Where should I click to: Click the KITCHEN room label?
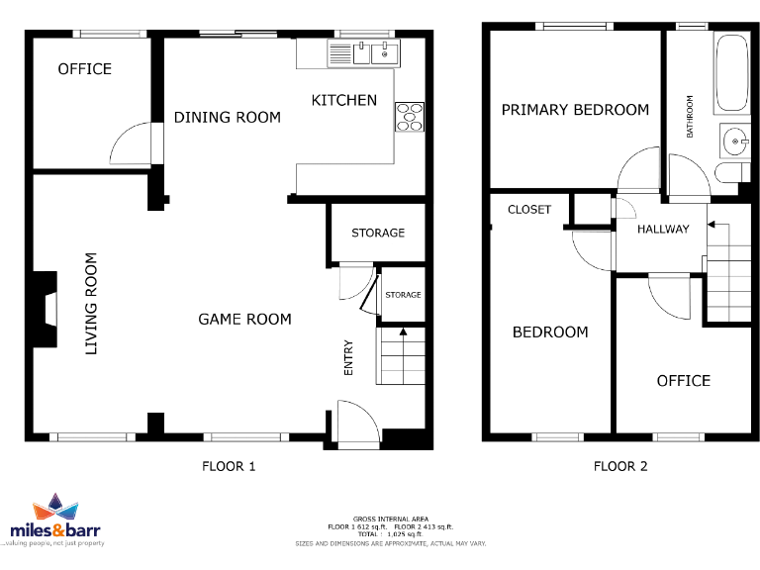click(344, 100)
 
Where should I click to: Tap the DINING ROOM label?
click(228, 117)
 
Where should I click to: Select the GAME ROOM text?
click(244, 319)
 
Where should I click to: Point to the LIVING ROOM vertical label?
click(91, 304)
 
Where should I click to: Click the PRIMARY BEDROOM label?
click(575, 110)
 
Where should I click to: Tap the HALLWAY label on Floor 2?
click(663, 230)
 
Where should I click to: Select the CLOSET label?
click(529, 210)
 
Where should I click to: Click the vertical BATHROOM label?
click(691, 117)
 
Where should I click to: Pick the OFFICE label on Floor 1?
click(85, 69)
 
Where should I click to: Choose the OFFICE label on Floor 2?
click(684, 381)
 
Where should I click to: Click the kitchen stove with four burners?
click(410, 117)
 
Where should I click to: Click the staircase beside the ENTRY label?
click(400, 356)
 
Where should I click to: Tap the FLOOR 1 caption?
click(229, 466)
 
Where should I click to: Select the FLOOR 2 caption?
click(620, 466)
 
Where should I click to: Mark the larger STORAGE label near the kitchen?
click(378, 233)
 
